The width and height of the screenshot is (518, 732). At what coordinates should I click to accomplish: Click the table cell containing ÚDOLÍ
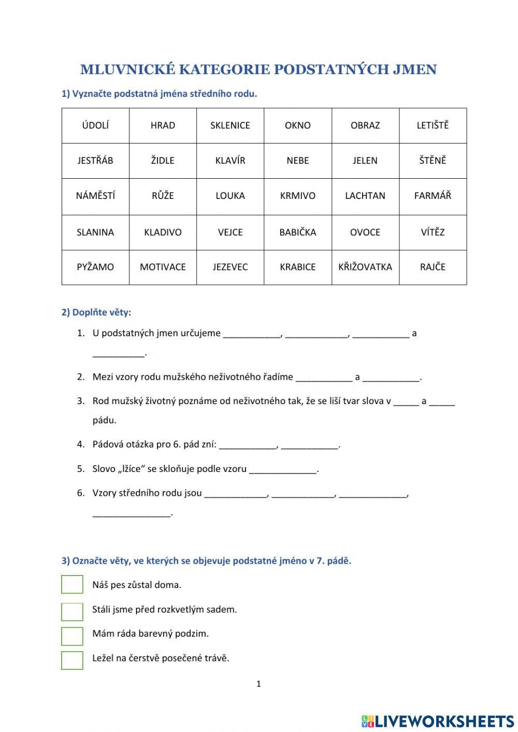(95, 125)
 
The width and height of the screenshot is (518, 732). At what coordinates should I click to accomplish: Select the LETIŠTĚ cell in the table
(433, 125)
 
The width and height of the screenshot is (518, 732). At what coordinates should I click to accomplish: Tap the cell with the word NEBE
(297, 161)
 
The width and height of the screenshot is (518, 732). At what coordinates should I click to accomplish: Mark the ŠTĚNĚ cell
(433, 161)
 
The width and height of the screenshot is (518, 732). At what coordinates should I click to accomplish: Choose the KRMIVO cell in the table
(297, 196)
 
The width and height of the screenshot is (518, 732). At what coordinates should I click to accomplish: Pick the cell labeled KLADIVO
(163, 232)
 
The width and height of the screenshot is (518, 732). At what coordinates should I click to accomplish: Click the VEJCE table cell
(230, 232)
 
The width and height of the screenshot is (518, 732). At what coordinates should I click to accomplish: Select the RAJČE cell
(433, 267)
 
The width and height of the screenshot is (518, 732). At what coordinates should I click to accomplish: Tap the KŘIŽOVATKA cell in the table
(365, 267)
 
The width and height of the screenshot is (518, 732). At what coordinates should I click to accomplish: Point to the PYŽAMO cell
(95, 267)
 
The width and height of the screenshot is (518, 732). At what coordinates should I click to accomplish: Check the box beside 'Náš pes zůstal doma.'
(72, 584)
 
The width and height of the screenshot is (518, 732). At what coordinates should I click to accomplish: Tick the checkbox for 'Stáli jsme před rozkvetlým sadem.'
(72, 611)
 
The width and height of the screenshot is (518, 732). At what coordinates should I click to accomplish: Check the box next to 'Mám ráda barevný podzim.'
(72, 636)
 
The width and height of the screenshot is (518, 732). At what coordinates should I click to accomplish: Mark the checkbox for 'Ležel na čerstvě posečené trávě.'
(72, 660)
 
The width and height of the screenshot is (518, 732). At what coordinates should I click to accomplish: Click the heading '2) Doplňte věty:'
(96, 312)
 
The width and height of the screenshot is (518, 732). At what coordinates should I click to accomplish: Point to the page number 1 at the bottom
(258, 684)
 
